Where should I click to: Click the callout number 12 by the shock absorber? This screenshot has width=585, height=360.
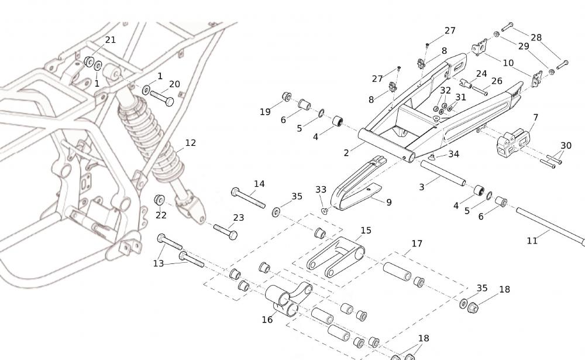coord(190,142)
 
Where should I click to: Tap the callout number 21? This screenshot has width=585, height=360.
coord(110,40)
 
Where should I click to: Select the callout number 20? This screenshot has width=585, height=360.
coord(174,84)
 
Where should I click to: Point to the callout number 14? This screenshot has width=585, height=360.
coord(259,184)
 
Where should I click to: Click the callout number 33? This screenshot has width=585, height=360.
coord(321,190)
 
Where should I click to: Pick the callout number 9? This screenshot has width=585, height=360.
coord(388,203)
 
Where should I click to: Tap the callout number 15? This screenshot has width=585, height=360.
coord(366,231)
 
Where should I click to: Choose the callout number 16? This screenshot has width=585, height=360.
coord(267,320)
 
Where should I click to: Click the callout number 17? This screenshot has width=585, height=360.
coord(417,244)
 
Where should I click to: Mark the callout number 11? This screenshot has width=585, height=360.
coord(532,240)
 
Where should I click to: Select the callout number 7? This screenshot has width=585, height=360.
coord(535,118)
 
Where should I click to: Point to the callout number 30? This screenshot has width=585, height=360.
coord(566,146)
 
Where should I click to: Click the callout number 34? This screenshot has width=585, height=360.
coord(453,155)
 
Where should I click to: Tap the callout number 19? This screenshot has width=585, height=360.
coord(265,111)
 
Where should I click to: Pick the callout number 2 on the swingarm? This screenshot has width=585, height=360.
coord(346,153)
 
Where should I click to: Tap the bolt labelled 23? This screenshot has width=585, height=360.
coord(225,231)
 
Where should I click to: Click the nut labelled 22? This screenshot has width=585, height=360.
coord(159,200)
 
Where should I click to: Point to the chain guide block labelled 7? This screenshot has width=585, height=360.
coord(512,143)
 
